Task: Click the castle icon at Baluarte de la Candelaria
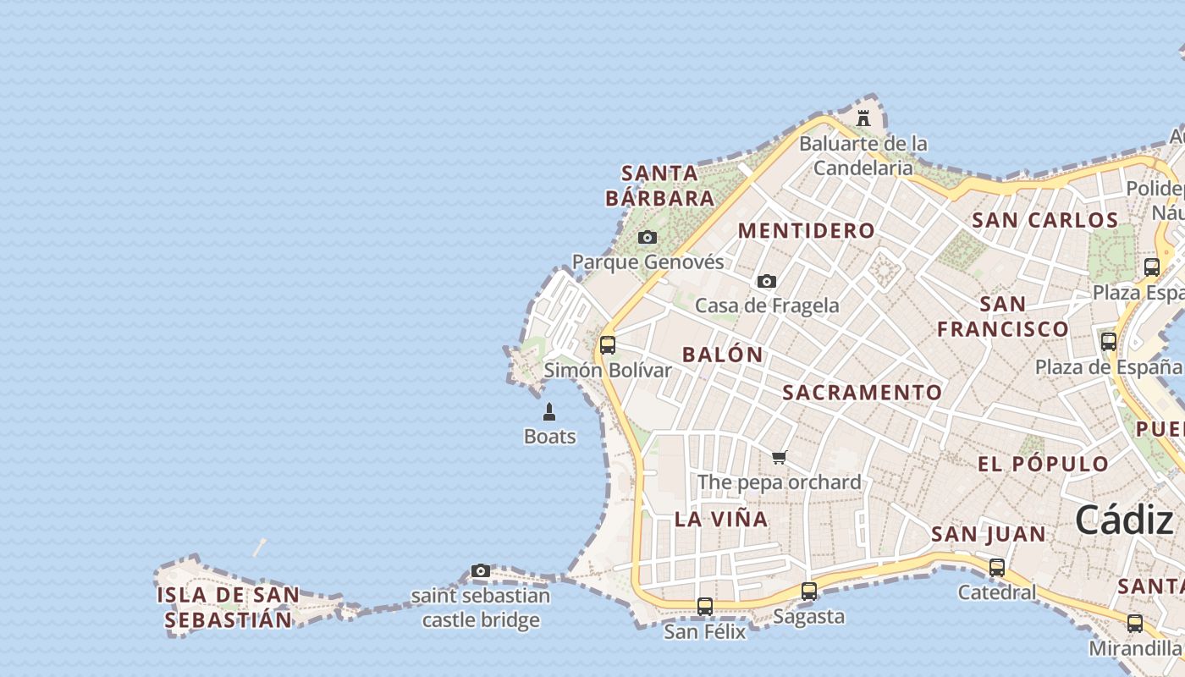point(863,118)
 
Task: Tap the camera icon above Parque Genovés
point(648,238)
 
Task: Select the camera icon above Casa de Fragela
point(767,282)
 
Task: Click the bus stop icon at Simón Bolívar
point(608,345)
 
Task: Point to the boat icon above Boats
point(549,412)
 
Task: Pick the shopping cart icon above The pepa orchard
point(780,458)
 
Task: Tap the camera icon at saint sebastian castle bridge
point(481,571)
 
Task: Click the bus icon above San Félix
point(705,607)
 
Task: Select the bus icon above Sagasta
point(809,592)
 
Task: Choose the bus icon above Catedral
point(997,568)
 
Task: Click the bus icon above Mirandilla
point(1135,624)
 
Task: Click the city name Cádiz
point(1124,520)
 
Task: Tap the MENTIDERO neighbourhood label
point(807,230)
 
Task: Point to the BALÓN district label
point(723,355)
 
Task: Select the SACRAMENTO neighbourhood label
point(862,393)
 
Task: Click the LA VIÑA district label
point(721,519)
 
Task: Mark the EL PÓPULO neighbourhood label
point(1043,464)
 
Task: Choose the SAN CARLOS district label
point(1045,220)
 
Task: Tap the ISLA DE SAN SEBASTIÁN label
point(229,608)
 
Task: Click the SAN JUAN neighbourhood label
point(989,534)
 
